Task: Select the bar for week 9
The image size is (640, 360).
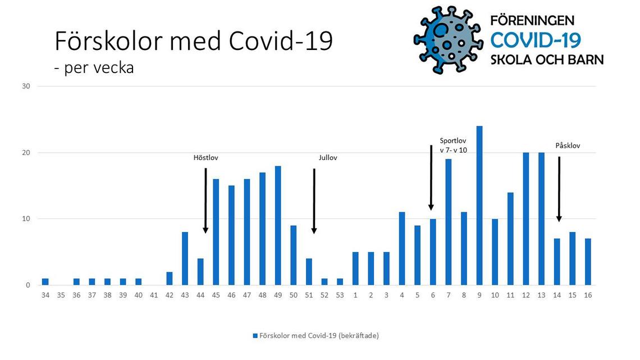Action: coord(479,206)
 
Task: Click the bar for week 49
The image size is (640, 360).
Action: coord(278,225)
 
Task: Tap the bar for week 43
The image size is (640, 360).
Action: coord(185,258)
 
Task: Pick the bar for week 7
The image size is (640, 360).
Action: coord(448,222)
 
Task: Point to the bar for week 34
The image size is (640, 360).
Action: coord(45,281)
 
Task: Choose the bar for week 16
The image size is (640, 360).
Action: coord(588,262)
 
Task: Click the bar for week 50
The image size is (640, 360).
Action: coord(294,255)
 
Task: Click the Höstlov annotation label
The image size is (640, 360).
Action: coord(205,158)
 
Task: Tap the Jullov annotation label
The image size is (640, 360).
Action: coord(328,158)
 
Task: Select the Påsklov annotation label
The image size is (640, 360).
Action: coord(568,145)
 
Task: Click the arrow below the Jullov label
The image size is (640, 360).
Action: coord(314,201)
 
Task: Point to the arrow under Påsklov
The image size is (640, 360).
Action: coord(559,189)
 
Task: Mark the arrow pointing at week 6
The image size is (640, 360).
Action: coord(431,177)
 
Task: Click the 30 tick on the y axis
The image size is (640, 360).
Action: coord(26,86)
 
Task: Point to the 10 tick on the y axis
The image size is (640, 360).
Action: coord(26,219)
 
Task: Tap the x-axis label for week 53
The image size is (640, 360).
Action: coord(340,295)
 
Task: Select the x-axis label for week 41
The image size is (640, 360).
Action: coord(154,295)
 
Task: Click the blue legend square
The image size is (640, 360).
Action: coord(255,336)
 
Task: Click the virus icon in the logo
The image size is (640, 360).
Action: coord(448,40)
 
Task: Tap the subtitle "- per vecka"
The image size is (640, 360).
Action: coord(94,68)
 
